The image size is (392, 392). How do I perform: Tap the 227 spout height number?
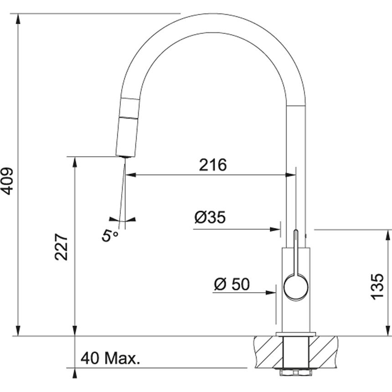pos(61,247)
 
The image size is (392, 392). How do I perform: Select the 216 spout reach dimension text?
pos(213,165)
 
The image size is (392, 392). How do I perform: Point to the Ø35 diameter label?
pos(210,217)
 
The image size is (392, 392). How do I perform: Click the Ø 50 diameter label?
pos(232,284)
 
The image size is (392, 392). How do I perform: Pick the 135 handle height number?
pos(377,287)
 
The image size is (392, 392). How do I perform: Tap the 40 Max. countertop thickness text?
pos(110,358)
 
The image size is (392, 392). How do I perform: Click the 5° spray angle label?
pos(109,236)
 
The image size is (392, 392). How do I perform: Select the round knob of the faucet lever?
pos(296,287)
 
